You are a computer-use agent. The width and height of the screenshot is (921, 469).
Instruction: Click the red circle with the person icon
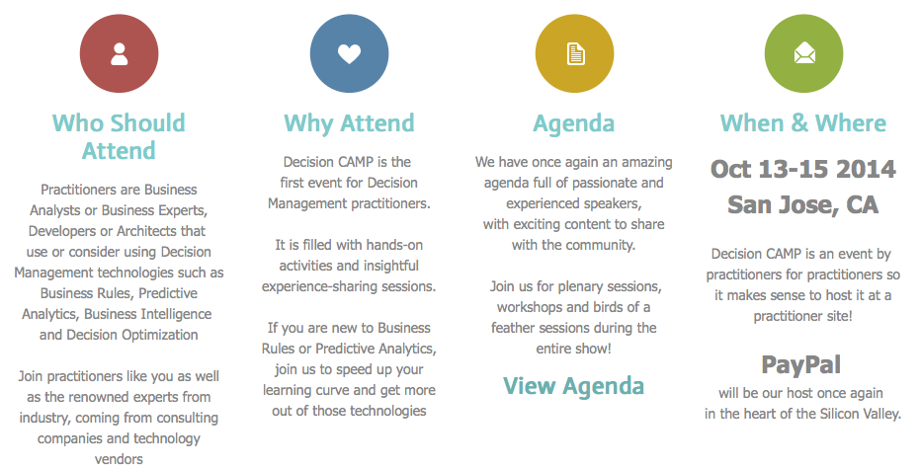click(x=120, y=54)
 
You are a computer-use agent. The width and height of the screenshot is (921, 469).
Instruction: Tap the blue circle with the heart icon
click(x=350, y=54)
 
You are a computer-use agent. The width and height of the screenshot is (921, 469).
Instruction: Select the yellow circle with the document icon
click(x=574, y=54)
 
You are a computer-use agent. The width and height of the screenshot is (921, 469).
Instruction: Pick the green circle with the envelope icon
click(x=803, y=54)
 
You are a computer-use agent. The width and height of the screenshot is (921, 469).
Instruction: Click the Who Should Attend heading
click(x=119, y=137)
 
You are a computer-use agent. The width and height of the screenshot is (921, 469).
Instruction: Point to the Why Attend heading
click(x=350, y=123)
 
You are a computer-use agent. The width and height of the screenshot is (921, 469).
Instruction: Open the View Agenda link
click(x=574, y=386)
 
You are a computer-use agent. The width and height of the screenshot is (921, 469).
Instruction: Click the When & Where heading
click(x=803, y=122)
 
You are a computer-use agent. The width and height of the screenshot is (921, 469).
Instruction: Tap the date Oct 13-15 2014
click(x=803, y=169)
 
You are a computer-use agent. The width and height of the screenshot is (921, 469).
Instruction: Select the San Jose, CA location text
click(x=803, y=204)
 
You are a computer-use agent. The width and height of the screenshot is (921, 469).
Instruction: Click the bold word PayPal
click(x=801, y=365)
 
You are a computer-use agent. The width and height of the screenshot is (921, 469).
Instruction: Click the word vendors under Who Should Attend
click(x=119, y=459)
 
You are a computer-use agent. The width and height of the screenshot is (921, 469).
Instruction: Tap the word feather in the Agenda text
click(x=513, y=328)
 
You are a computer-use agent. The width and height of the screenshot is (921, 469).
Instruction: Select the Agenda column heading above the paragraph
click(x=574, y=124)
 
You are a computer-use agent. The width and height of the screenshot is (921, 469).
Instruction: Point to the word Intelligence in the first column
click(x=178, y=314)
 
